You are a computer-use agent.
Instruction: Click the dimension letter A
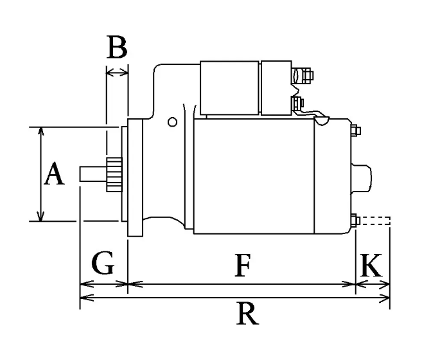tap(55, 174)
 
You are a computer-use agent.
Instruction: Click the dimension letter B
tap(117, 47)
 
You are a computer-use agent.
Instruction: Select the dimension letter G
tap(103, 263)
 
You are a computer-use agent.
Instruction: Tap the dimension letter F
tap(243, 265)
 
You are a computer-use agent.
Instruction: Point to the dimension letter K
tap(371, 265)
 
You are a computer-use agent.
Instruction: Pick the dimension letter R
tap(247, 314)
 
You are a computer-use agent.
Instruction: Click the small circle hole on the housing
tap(172, 122)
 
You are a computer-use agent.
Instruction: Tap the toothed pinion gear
tap(114, 175)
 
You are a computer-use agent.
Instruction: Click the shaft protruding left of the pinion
tap(93, 174)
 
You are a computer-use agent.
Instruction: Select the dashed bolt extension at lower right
tap(375, 221)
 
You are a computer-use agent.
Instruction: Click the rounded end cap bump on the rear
tap(361, 178)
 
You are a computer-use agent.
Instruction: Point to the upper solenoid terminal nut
tap(307, 75)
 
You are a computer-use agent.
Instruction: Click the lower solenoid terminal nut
tap(297, 103)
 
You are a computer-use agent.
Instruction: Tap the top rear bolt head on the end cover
tap(355, 130)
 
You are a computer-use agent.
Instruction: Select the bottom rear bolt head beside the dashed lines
tap(355, 221)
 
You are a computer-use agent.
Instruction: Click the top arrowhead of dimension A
tap(41, 131)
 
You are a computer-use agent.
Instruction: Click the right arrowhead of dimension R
tap(385, 298)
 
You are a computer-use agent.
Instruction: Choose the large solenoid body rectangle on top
tap(229, 87)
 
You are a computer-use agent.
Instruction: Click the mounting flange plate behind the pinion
tap(136, 177)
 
